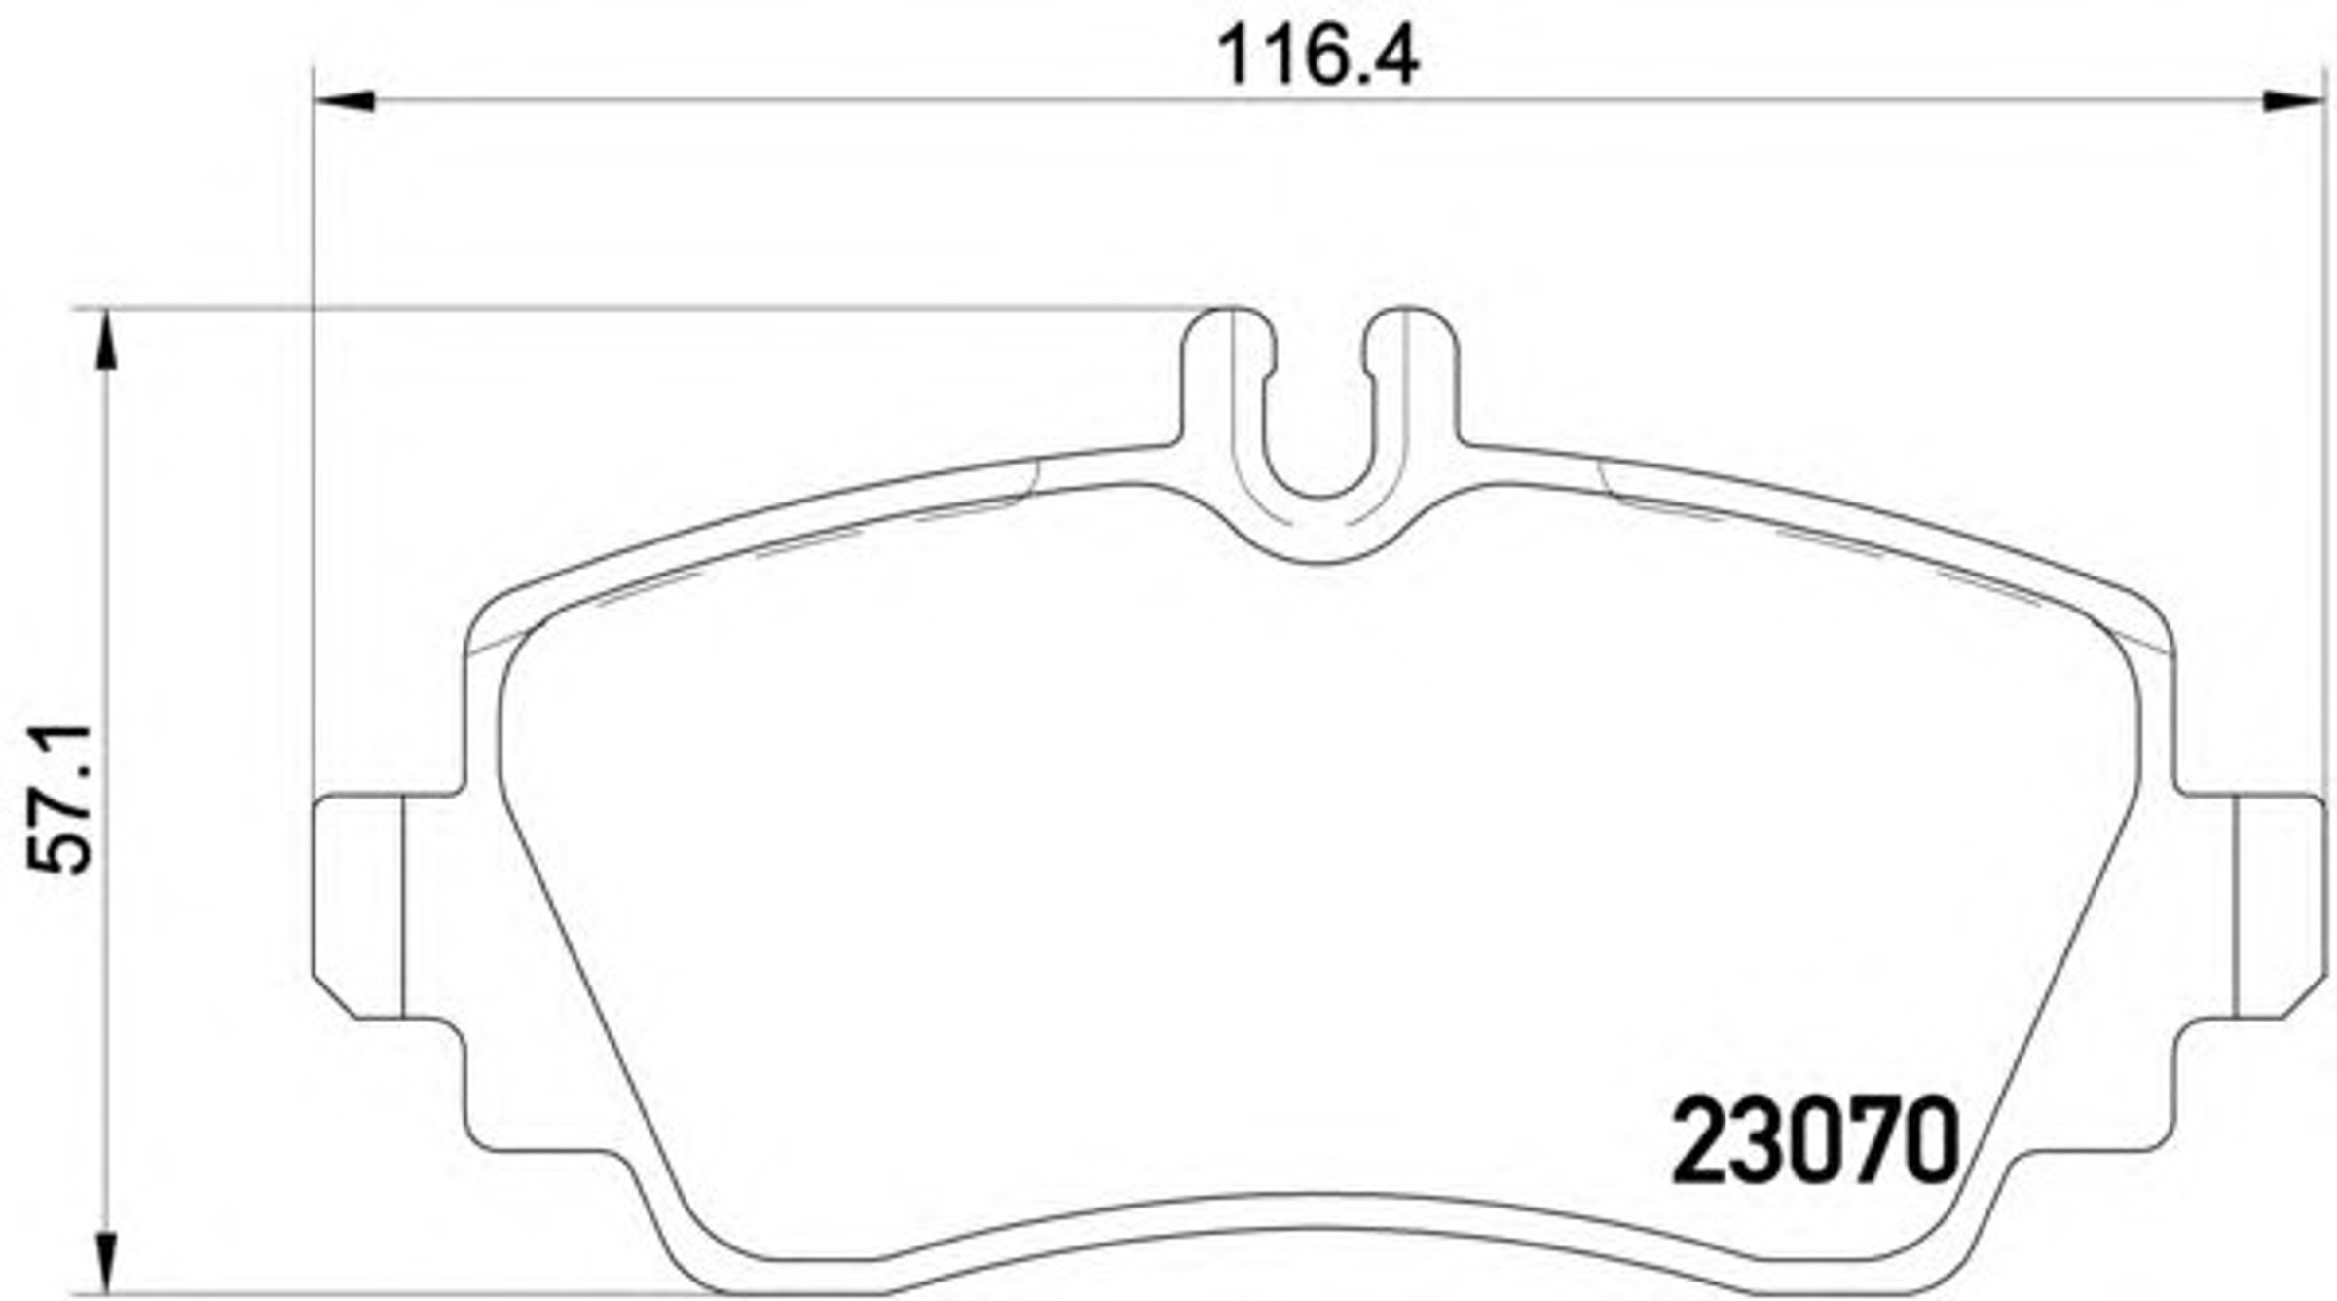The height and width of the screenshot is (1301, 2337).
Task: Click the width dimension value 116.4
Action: tap(1319, 56)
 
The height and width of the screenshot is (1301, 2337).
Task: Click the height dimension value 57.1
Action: tap(60, 798)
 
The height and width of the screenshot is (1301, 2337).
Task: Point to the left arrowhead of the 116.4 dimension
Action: tap(345, 100)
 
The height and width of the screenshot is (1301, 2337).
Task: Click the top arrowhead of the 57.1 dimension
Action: tap(107, 340)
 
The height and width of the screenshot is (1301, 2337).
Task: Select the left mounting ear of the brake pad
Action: tap(358, 907)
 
